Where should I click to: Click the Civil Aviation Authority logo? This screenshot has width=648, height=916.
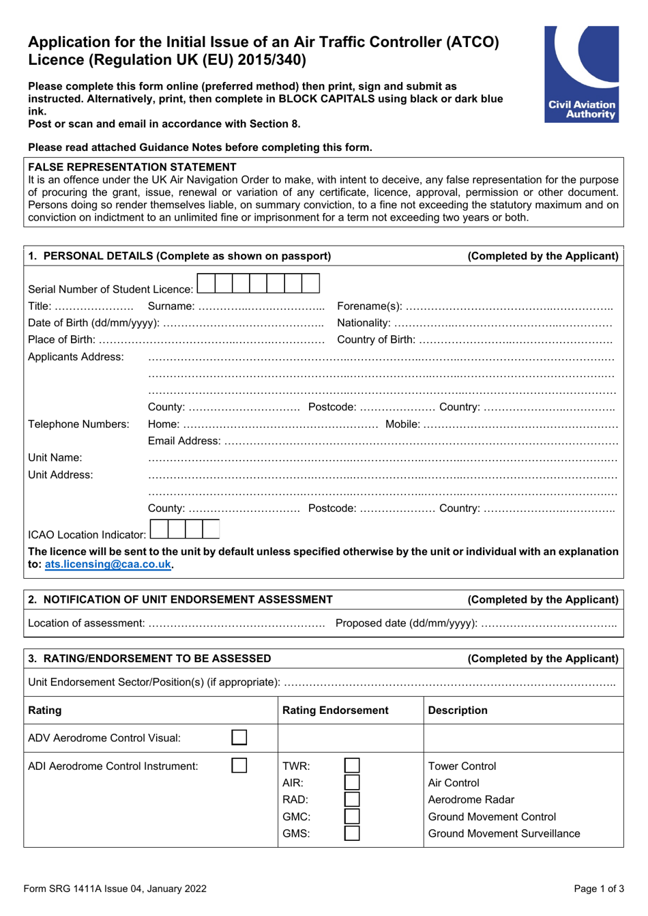[581, 74]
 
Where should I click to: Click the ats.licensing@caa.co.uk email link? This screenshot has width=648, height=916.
[108, 564]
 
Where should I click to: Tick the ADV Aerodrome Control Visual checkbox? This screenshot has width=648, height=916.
[239, 738]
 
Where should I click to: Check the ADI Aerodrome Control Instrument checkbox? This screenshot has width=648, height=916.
[239, 766]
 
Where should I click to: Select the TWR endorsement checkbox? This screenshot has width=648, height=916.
[352, 766]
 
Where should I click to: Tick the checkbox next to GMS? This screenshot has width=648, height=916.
[352, 833]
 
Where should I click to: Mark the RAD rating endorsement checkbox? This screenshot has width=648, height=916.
[352, 799]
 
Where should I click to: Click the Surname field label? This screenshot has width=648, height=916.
[171, 306]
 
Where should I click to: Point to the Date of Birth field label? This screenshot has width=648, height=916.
[93, 323]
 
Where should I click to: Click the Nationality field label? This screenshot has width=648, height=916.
[364, 323]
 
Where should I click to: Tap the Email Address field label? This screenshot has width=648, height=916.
[184, 441]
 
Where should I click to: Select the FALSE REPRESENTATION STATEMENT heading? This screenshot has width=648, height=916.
[132, 167]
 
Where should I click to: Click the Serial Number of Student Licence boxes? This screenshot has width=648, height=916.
[258, 283]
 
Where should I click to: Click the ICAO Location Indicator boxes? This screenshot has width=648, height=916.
[185, 529]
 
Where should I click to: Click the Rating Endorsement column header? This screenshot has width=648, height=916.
[336, 711]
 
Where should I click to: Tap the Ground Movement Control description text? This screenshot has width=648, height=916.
[492, 817]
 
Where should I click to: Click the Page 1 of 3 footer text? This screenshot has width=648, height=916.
[598, 889]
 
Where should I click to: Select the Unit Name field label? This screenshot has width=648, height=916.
[55, 458]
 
